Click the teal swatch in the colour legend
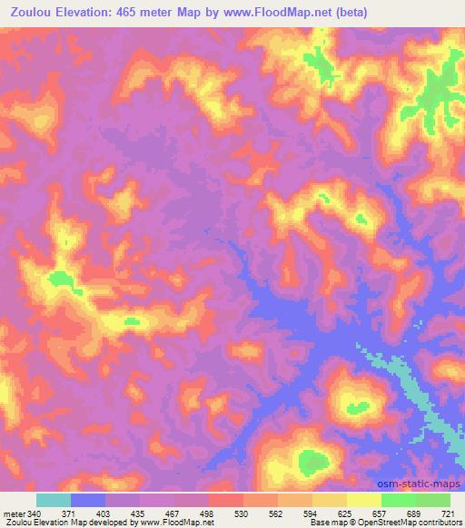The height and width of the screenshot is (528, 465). [x=54, y=500]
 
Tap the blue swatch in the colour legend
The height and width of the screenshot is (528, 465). [x=88, y=500]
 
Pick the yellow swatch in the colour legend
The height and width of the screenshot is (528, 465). [x=364, y=500]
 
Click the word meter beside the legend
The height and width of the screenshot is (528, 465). [x=14, y=513]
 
